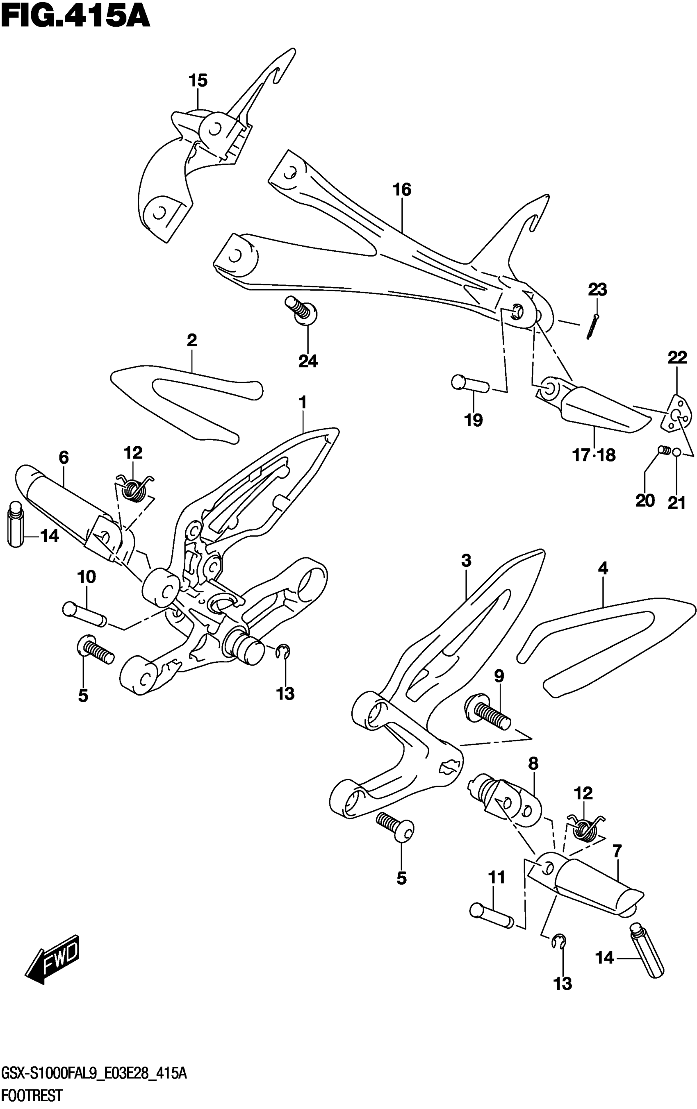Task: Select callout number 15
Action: pyautogui.click(x=198, y=81)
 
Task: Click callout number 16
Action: pyautogui.click(x=402, y=189)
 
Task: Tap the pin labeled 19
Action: pyautogui.click(x=470, y=383)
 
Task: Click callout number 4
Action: pyautogui.click(x=603, y=568)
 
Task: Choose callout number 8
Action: pyautogui.click(x=533, y=764)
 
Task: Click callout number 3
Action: pyautogui.click(x=466, y=561)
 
